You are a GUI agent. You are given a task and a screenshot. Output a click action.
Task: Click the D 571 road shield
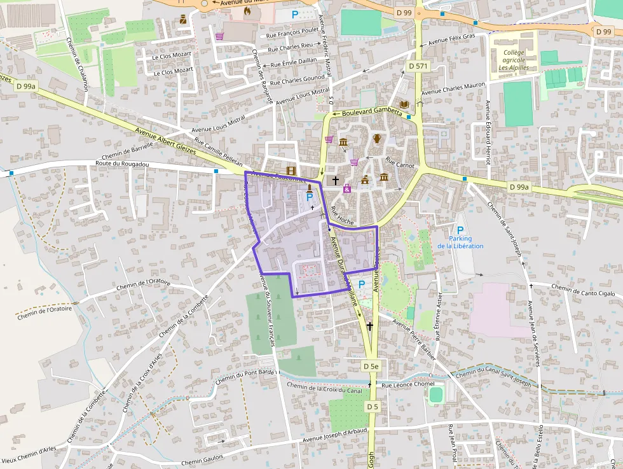tap(418, 66)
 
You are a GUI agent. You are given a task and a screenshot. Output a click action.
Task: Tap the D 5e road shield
tap(371, 366)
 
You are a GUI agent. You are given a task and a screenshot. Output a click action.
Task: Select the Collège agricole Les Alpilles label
tap(513, 60)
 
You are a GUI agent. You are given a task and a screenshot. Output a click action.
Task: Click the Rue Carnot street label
tap(400, 165)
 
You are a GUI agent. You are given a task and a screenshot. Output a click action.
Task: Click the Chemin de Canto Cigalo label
tap(583, 291)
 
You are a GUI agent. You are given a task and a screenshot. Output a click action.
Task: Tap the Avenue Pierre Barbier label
tap(414, 337)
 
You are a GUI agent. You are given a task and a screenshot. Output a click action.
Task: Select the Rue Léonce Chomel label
tap(407, 384)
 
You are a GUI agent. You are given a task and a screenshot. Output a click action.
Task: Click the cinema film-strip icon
tap(291, 171)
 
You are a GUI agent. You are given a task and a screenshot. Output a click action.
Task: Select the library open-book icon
tap(404, 104)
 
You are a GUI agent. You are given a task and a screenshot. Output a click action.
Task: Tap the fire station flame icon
tap(247, 10)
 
